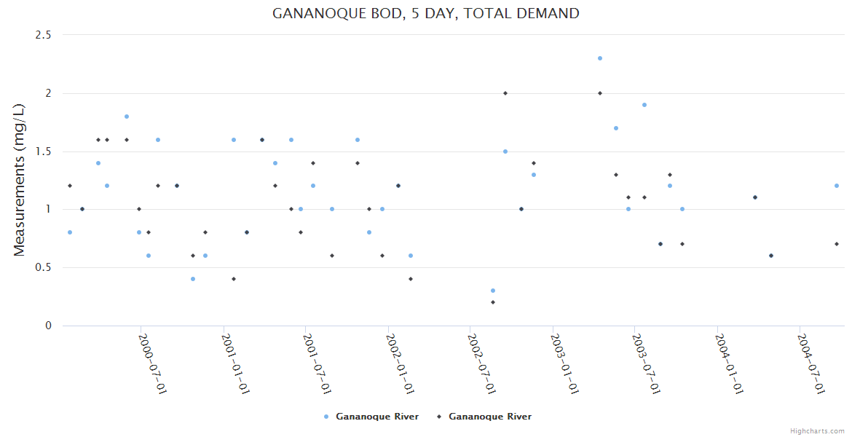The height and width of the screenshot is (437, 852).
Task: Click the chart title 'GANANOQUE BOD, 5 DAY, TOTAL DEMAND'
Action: tap(426, 13)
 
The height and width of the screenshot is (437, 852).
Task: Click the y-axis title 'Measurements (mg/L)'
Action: tap(20, 180)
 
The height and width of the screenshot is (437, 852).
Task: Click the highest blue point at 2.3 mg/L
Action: tap(600, 58)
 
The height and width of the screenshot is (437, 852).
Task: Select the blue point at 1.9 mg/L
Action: tap(644, 105)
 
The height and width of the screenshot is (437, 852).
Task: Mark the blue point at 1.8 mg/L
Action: tap(127, 117)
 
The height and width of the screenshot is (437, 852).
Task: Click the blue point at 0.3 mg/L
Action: tap(493, 291)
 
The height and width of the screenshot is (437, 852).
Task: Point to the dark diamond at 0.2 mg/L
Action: tap(493, 302)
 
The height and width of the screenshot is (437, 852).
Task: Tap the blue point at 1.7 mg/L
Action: tap(616, 128)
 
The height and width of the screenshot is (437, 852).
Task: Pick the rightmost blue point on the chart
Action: tap(837, 186)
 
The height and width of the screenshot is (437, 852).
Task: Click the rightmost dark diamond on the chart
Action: tap(837, 244)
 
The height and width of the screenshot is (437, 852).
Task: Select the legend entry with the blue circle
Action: tap(371, 417)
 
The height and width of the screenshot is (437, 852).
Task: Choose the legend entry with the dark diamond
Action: tap(484, 417)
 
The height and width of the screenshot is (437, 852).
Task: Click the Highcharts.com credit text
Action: tap(817, 431)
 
